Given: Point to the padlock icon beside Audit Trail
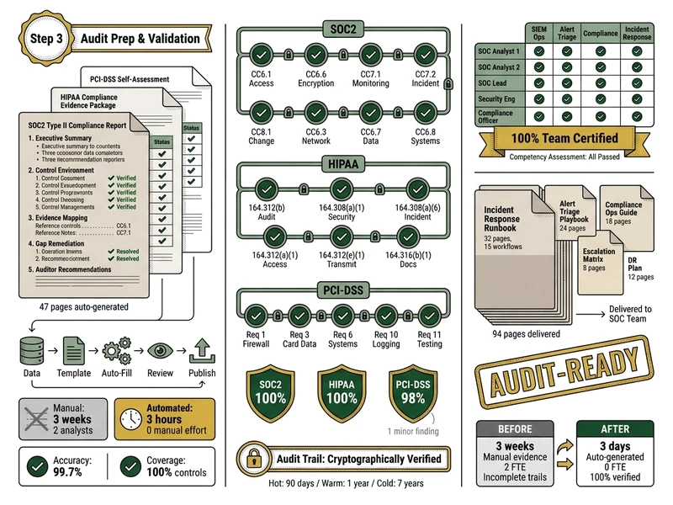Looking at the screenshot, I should pos(253,459).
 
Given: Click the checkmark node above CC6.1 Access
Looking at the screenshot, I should pos(261,57).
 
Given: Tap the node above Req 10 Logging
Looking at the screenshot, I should pos(386,316).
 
